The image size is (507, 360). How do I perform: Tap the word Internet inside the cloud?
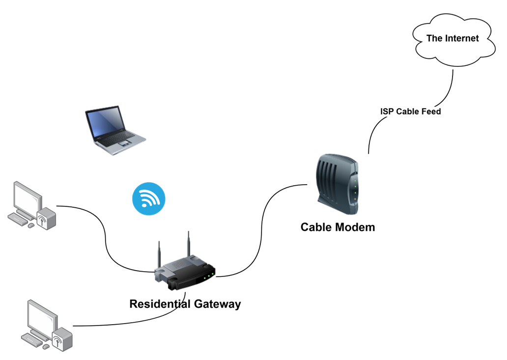point(462,38)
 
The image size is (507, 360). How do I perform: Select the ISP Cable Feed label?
point(410,111)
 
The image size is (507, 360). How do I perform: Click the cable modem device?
point(338,184)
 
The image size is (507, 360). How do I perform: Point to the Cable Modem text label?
point(338,227)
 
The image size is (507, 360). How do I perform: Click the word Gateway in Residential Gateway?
point(217,304)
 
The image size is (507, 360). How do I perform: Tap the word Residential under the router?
point(160,304)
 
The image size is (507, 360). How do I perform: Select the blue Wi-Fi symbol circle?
point(149,199)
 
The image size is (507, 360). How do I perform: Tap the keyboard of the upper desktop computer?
point(18,219)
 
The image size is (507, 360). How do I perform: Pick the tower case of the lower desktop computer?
point(62,339)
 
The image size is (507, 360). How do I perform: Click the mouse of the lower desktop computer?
point(46,346)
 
